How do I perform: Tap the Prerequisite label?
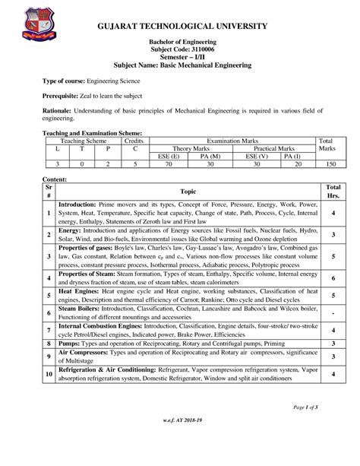click(x=62, y=98)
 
